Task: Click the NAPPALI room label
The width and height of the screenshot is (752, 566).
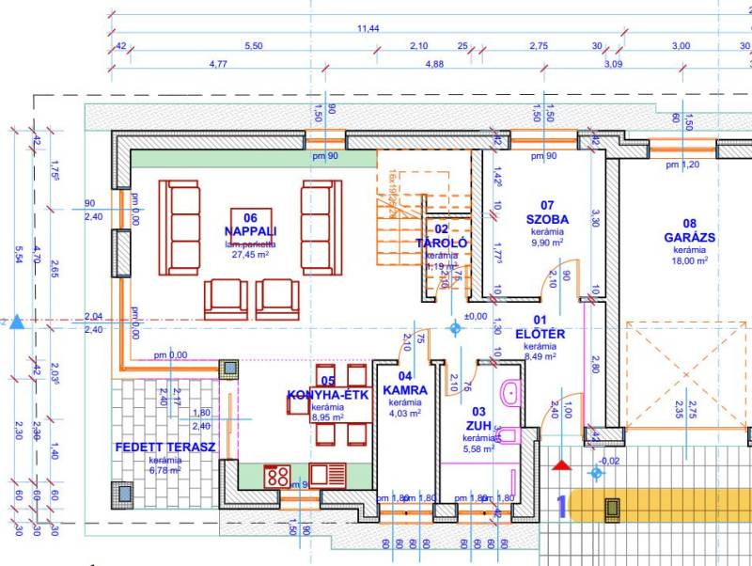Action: tap(250, 231)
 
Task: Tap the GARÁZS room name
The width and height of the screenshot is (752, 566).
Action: tap(689, 238)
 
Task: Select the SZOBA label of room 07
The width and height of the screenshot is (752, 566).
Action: tap(547, 219)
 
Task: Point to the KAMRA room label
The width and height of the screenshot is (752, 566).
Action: tap(405, 389)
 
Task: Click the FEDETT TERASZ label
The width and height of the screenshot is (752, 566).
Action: tap(165, 448)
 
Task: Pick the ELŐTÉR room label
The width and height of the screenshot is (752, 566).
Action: tap(540, 334)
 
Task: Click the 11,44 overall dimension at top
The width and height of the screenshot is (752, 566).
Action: tap(368, 28)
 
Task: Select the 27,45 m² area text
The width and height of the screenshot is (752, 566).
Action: tap(251, 254)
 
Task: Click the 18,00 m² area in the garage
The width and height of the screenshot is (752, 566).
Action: tap(689, 261)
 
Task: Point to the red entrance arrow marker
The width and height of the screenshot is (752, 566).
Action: tap(562, 464)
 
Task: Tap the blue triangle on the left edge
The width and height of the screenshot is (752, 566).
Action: tap(16, 322)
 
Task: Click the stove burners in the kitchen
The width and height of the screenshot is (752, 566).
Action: tap(275, 476)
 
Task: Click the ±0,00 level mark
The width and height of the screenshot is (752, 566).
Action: tap(477, 316)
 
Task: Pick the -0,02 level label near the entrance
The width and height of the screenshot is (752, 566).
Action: tap(610, 461)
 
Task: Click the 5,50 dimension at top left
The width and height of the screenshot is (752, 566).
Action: tap(253, 46)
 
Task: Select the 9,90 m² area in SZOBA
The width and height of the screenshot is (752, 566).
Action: tap(546, 243)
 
